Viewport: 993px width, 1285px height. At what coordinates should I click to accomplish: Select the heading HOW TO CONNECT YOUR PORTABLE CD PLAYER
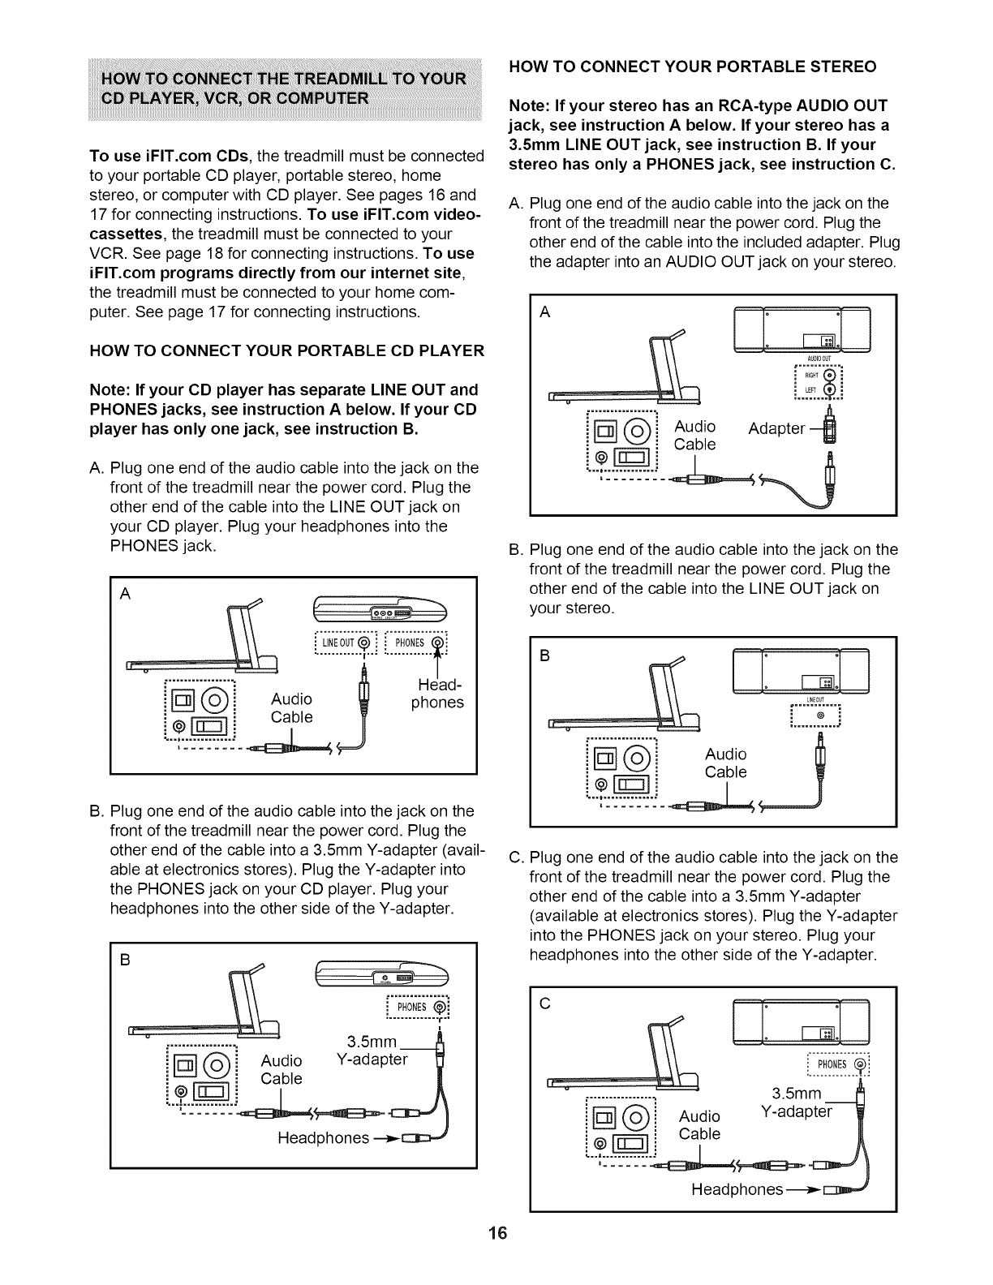click(286, 350)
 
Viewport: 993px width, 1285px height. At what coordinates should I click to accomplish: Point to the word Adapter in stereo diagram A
click(776, 428)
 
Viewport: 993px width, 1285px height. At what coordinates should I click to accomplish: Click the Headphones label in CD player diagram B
click(323, 1137)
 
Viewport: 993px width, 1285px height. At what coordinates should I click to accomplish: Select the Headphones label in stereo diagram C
click(737, 1189)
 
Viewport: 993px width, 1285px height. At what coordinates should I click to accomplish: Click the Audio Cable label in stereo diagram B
click(725, 763)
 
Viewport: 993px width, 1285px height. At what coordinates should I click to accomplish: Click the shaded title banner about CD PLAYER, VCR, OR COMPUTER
click(286, 88)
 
